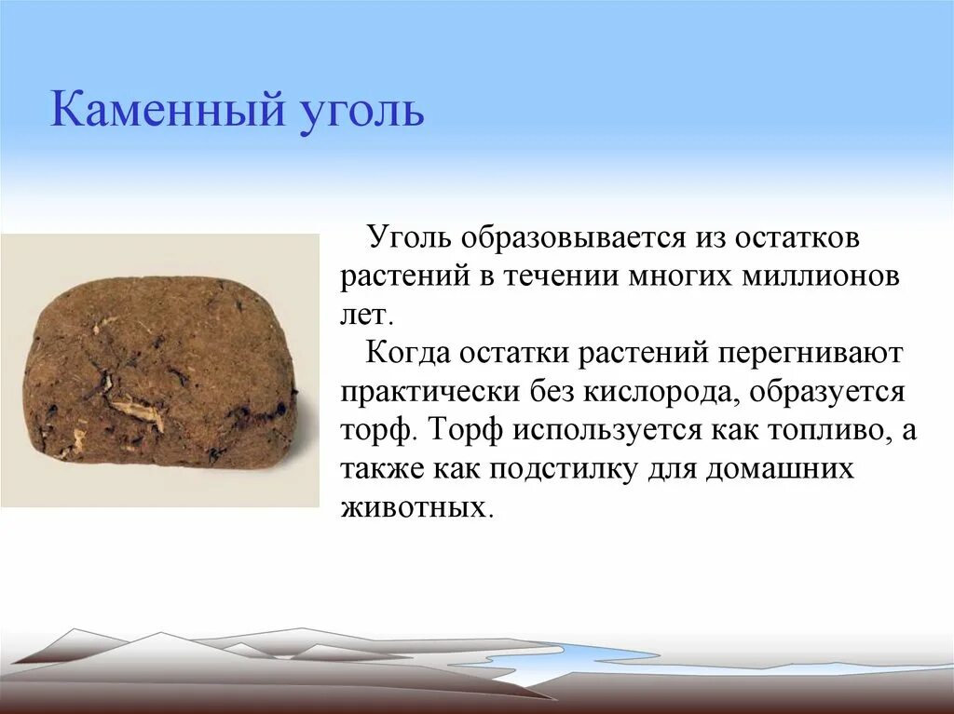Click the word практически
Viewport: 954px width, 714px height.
click(x=430, y=392)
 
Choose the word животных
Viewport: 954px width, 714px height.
click(x=415, y=507)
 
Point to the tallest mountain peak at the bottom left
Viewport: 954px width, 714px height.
click(x=75, y=630)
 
